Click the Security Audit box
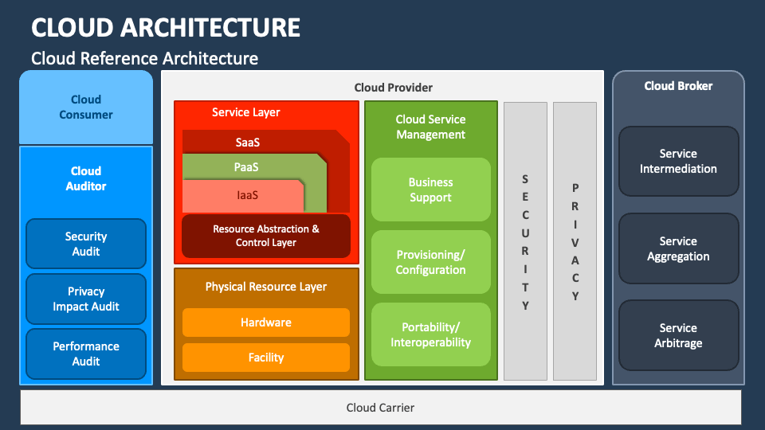click(x=86, y=244)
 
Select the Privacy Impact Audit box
click(x=86, y=299)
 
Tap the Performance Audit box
click(x=86, y=354)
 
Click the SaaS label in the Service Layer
click(x=247, y=143)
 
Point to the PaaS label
click(x=246, y=167)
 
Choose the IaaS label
click(x=247, y=195)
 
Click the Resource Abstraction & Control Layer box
click(x=266, y=236)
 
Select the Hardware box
click(x=266, y=322)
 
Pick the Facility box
click(x=266, y=358)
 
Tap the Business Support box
click(x=431, y=190)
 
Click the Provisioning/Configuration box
click(x=431, y=262)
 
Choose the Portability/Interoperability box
click(x=431, y=334)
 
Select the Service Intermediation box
click(x=679, y=162)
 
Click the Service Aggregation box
click(x=679, y=248)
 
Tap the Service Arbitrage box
click(x=679, y=335)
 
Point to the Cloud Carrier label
click(x=380, y=408)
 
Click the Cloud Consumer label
click(x=86, y=107)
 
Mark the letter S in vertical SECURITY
click(x=525, y=179)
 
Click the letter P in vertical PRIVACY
click(x=575, y=188)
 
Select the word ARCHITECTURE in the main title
click(x=210, y=27)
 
